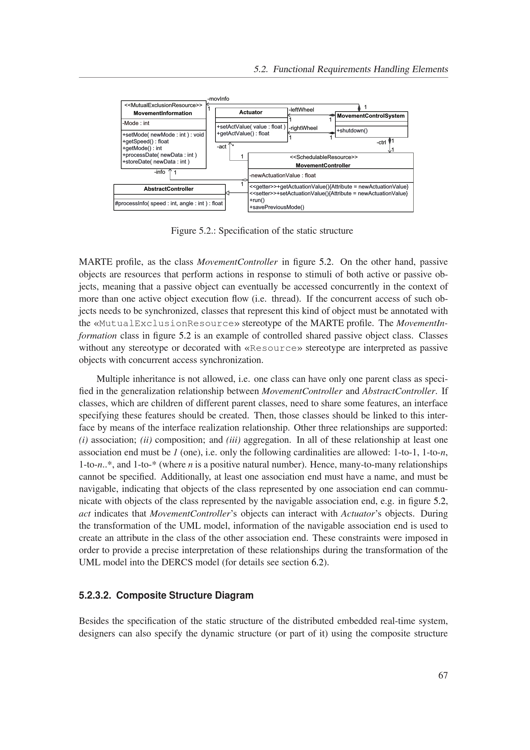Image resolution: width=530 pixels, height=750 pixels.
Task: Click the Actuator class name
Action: coord(250,112)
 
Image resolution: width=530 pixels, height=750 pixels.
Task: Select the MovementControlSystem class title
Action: coord(371,116)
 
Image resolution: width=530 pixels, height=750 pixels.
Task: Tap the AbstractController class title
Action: coord(169,189)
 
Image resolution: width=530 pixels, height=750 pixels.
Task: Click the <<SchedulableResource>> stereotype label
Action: coord(324,157)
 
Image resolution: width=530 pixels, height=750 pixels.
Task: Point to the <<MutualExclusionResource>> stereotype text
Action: coord(163,105)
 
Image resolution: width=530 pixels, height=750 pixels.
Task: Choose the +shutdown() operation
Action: coord(352,131)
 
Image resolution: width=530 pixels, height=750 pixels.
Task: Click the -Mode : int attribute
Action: coord(136,123)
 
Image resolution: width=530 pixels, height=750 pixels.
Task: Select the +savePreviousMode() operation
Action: coord(277,207)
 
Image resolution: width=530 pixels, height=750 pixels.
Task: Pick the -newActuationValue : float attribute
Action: coord(282,175)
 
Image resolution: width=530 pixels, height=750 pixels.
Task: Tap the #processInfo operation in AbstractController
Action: coord(169,203)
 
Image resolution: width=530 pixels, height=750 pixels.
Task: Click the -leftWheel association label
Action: coord(301,110)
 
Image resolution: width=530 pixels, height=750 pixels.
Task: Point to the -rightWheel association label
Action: coord(303,128)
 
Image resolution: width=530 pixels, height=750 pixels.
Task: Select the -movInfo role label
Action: coord(218,99)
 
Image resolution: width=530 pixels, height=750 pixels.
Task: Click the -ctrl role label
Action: coord(381,142)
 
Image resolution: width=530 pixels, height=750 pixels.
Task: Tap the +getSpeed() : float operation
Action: coord(145,141)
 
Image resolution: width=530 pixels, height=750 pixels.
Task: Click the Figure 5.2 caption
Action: coord(262,231)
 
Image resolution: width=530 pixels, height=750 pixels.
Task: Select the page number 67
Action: coord(443,676)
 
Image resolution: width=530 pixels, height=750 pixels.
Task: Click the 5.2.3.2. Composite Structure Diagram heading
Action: coord(166,595)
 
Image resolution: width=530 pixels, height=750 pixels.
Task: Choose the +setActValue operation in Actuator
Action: coord(251,127)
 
